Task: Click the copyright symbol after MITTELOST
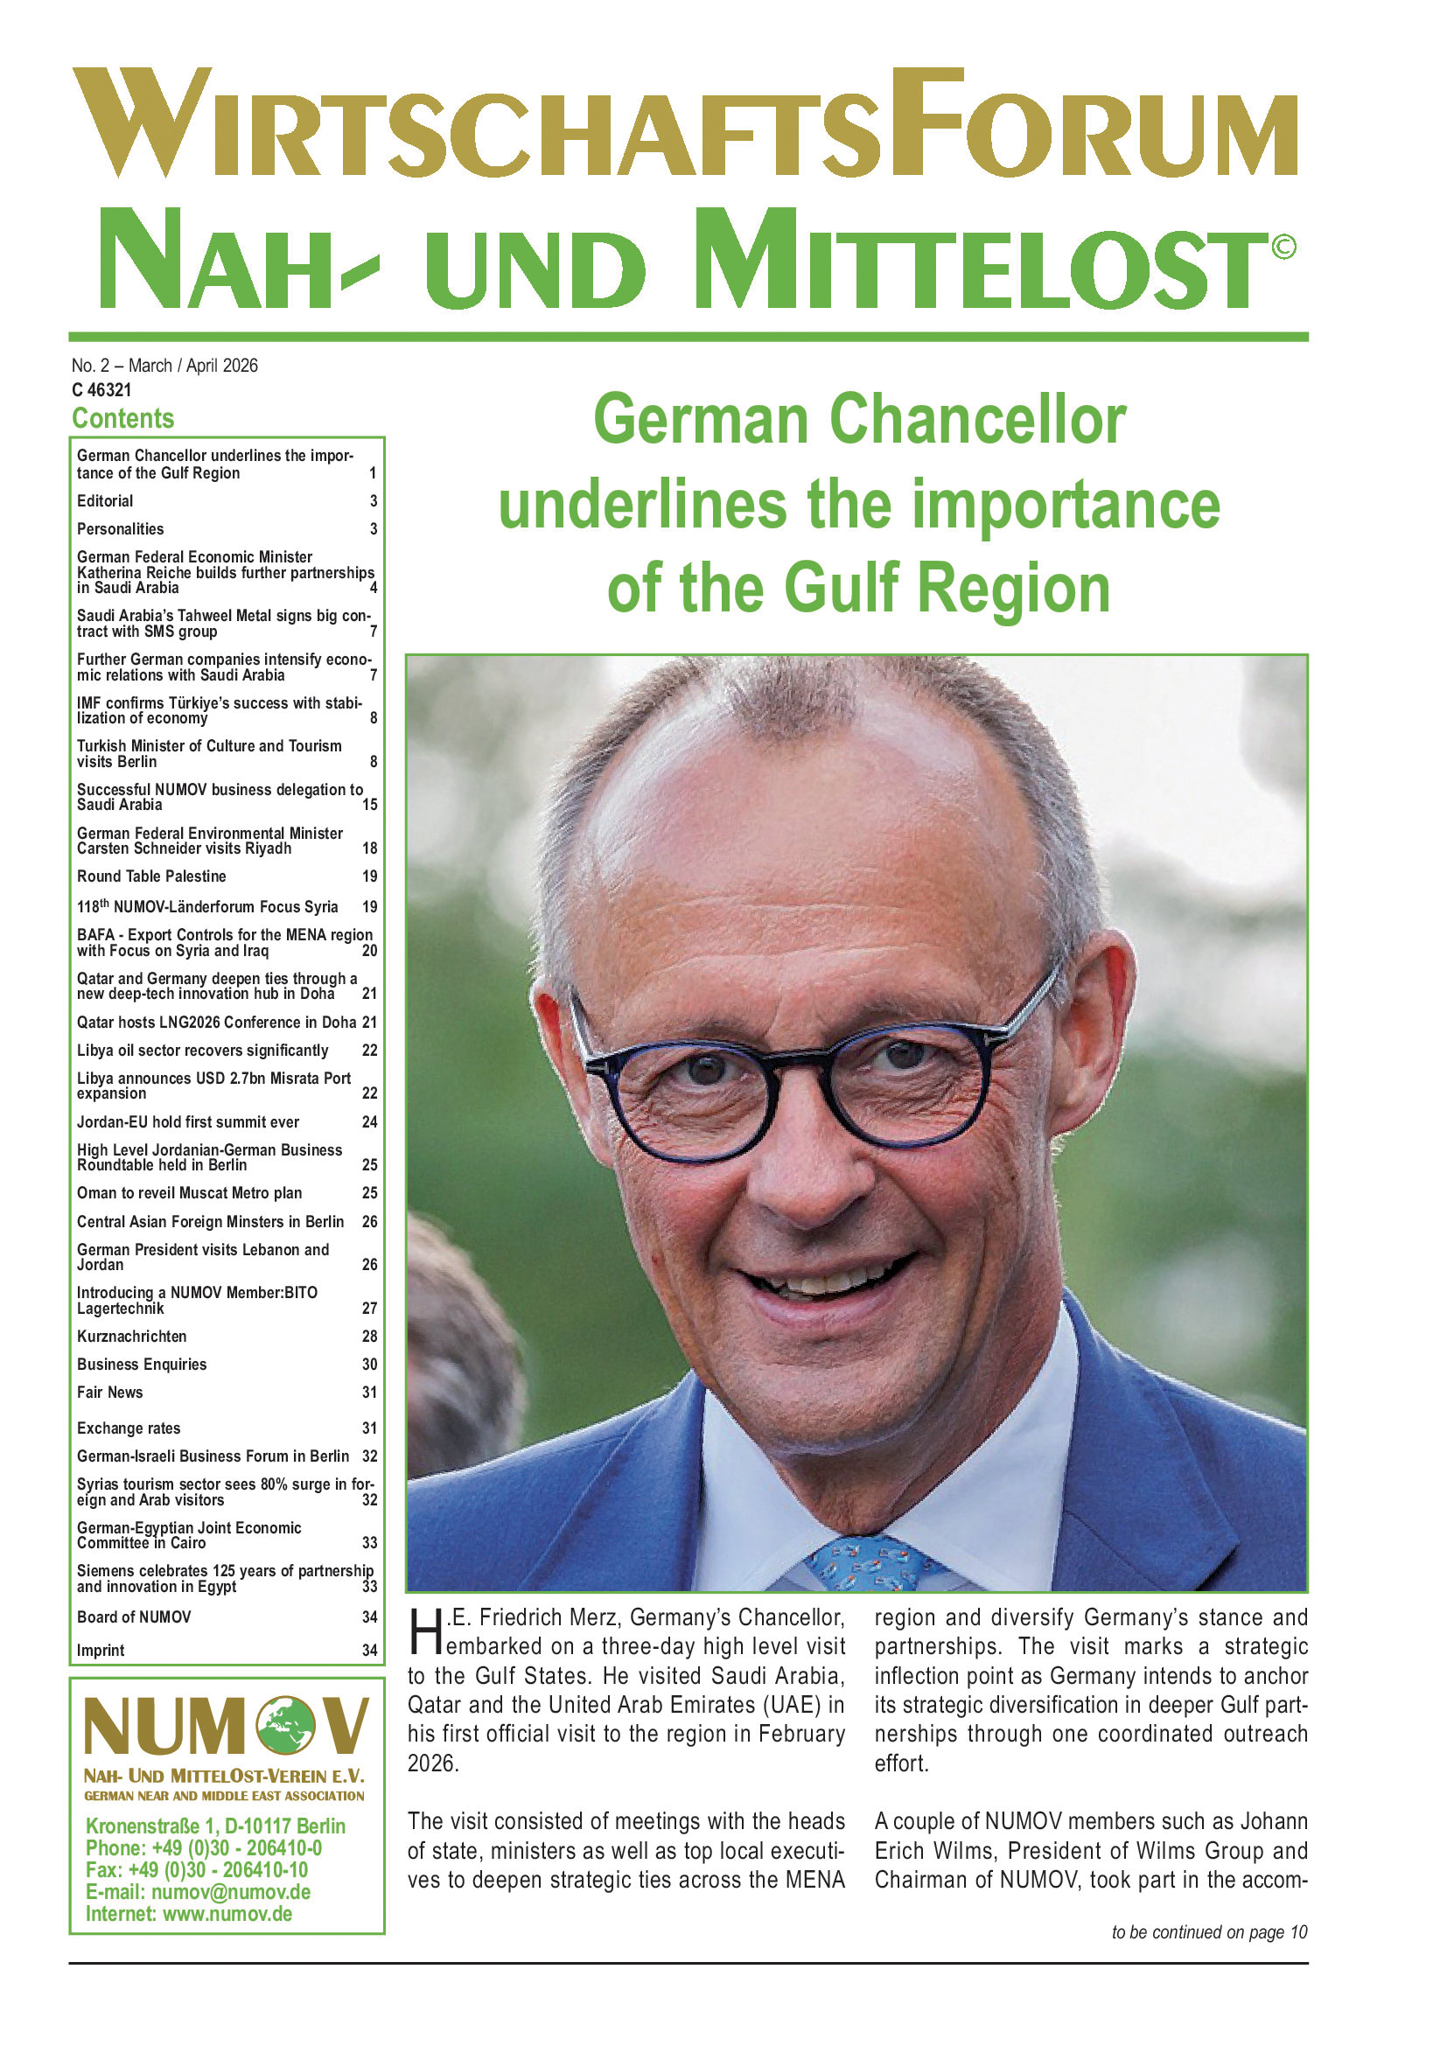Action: coord(1283,246)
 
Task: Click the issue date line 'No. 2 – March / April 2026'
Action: coord(164,366)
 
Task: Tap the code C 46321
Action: coord(101,389)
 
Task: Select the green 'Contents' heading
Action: coord(123,418)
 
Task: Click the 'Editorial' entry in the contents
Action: coord(105,501)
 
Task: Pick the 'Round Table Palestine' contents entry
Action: coord(151,876)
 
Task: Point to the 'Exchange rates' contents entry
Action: coord(129,1428)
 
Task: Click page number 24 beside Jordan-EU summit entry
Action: coord(370,1122)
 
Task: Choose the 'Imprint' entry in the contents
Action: coord(101,1651)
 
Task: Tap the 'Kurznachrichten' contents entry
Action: coord(132,1336)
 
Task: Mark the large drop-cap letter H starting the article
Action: coord(426,1633)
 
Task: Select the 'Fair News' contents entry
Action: coord(109,1392)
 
